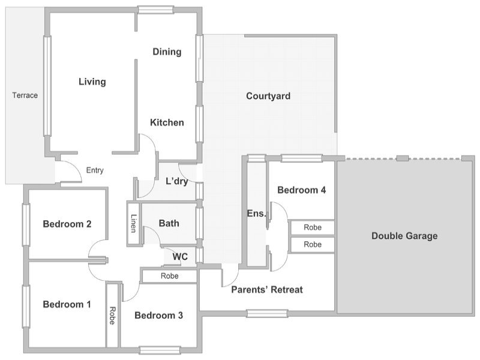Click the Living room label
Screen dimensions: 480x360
(92, 82)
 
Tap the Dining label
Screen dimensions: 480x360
(167, 52)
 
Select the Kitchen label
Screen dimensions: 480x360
(167, 122)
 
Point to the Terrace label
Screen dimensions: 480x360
(25, 95)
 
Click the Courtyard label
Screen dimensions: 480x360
(268, 96)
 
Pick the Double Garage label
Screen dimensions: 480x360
(404, 236)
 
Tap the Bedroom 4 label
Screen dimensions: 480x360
(302, 190)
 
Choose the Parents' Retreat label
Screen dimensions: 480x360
(267, 290)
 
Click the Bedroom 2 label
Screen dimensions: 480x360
(67, 224)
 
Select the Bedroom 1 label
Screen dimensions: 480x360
(67, 304)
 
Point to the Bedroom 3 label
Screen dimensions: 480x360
(158, 316)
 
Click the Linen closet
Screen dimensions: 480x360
(133, 223)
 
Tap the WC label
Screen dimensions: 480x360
(180, 257)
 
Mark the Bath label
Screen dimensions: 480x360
(169, 223)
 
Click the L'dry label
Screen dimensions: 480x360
(176, 181)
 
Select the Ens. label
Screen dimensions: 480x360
(256, 214)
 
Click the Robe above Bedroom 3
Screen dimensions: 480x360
(169, 276)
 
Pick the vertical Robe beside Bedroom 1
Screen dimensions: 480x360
(112, 316)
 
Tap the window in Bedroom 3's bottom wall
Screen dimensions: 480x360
(160, 350)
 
